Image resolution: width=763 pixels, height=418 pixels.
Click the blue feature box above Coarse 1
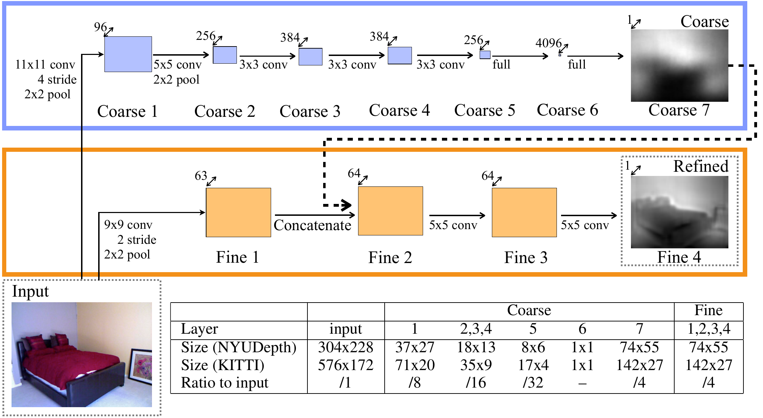[128, 54]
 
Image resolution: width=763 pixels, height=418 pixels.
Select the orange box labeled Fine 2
[391, 211]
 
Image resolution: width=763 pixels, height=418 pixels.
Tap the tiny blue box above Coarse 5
[485, 55]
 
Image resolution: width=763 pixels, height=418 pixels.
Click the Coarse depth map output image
[680, 65]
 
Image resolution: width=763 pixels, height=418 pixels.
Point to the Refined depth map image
[680, 212]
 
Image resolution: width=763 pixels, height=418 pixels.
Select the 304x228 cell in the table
[346, 347]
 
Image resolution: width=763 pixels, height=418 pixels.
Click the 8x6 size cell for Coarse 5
[533, 347]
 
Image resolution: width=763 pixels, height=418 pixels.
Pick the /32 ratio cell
[533, 383]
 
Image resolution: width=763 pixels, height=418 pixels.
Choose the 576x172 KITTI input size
[346, 365]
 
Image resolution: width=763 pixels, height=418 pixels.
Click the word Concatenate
[312, 225]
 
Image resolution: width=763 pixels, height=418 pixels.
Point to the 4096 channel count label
[548, 43]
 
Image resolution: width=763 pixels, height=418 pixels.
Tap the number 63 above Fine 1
[201, 176]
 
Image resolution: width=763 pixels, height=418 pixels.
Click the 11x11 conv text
[45, 65]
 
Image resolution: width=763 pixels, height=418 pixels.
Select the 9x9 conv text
[128, 225]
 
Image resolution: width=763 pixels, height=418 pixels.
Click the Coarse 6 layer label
[567, 110]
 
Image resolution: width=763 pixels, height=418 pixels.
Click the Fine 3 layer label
[526, 258]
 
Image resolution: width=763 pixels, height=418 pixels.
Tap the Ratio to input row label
[225, 383]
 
